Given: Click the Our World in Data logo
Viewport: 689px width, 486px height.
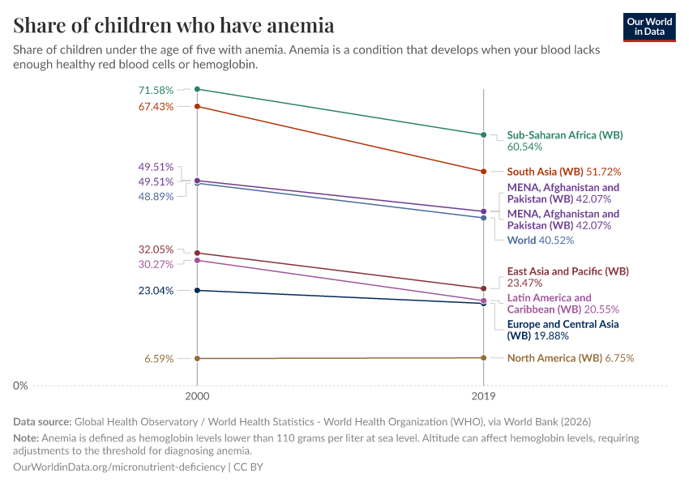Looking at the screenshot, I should pos(649,27).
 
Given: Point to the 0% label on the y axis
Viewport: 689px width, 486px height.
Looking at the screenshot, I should pos(20,386).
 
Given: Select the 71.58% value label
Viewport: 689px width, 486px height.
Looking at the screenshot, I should pos(156,89).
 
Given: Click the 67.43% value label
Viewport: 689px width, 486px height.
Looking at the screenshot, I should pos(156,106).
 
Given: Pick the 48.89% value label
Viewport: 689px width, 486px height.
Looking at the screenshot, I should pos(156,196).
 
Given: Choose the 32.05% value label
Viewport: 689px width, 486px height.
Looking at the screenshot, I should pos(156,249).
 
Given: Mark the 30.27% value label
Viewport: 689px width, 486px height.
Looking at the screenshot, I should pos(156,264).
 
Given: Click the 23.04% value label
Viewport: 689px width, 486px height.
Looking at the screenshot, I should pos(156,291).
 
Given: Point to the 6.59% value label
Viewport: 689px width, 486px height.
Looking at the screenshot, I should pos(159,358).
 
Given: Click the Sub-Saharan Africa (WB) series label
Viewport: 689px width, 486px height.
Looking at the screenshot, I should pos(564,135).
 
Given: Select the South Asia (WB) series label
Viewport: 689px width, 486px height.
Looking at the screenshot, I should pos(545,172).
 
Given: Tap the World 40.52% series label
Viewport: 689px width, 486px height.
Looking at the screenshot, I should pos(540,241).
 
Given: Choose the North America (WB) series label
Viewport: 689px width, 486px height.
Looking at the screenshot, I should pos(554,358).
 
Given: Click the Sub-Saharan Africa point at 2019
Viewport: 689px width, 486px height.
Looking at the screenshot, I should pos(484,134).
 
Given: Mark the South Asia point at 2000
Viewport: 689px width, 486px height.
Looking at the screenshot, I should pos(197,106).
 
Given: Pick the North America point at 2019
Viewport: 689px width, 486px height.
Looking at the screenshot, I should pos(484,358).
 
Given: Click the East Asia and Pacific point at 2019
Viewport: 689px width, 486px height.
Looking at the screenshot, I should pos(484,288).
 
